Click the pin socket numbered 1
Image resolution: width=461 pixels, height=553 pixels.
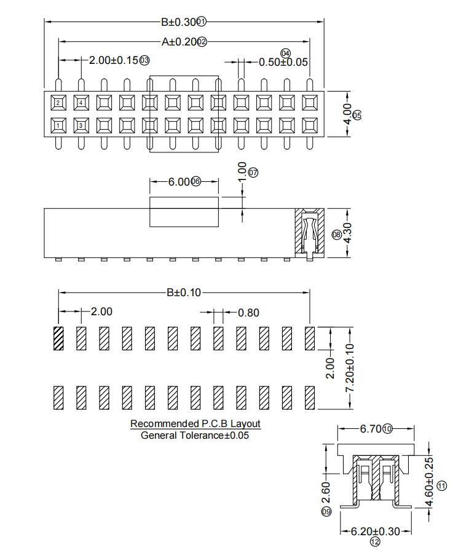click(58, 126)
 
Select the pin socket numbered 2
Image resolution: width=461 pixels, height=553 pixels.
click(58, 103)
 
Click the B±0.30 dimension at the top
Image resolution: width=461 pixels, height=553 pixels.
click(178, 22)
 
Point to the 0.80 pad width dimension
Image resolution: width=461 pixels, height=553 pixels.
click(248, 312)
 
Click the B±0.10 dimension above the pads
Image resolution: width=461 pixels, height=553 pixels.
click(184, 292)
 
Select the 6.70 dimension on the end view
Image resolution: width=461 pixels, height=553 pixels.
click(371, 429)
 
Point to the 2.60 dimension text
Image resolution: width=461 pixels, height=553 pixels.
click(326, 492)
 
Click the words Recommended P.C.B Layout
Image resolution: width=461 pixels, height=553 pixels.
click(195, 424)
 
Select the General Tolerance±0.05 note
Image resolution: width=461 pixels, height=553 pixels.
click(195, 435)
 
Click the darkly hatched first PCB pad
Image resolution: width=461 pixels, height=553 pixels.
click(58, 338)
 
